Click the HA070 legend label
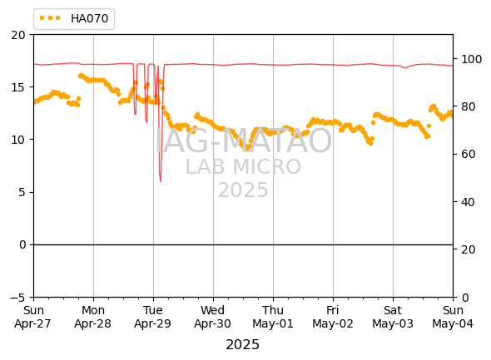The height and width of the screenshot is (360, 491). [x=90, y=19]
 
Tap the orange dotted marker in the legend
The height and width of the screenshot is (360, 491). [x=50, y=18]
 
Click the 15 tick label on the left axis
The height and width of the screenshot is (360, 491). [x=18, y=87]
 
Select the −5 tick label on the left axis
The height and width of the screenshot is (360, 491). [x=17, y=297]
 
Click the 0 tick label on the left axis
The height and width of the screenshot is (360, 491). [x=22, y=244]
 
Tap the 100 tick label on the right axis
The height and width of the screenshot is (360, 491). [x=471, y=59]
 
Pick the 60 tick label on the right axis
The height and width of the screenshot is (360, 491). [x=469, y=154]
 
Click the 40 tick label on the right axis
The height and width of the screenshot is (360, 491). [x=469, y=202]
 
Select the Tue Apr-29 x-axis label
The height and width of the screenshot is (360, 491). [x=153, y=317]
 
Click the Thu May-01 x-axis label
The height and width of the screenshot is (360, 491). [x=273, y=317]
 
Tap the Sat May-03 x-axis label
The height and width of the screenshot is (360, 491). [x=393, y=317]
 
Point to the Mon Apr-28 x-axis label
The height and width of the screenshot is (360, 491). [x=93, y=317]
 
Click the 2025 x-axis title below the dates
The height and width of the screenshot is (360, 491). [x=243, y=345]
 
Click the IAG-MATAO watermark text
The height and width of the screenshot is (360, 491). [x=244, y=141]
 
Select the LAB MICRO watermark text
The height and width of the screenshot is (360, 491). [x=243, y=167]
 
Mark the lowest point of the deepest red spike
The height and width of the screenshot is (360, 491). [x=161, y=181]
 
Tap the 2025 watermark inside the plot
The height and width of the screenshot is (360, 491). [x=243, y=190]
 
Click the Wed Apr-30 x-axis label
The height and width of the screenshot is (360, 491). [x=212, y=317]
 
